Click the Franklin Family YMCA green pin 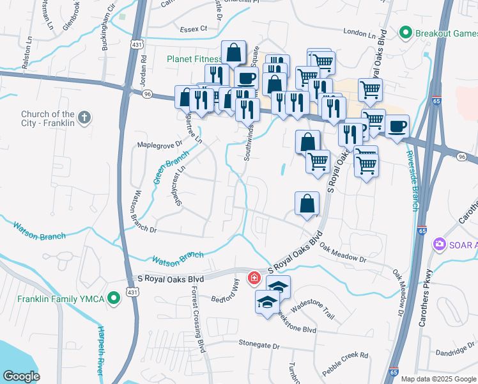pyautogui.click(x=114, y=298)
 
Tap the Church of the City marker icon pyautogui.click(x=84, y=117)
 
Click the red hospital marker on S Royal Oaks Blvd pyautogui.click(x=254, y=277)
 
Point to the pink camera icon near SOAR pyautogui.click(x=439, y=244)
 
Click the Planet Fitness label pyautogui.click(x=194, y=59)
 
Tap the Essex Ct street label pyautogui.click(x=194, y=28)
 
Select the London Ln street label pyautogui.click(x=360, y=32)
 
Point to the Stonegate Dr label pyautogui.click(x=259, y=345)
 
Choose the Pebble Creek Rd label pyautogui.click(x=346, y=355)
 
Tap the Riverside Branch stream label pyautogui.click(x=413, y=180)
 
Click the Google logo pyautogui.click(x=21, y=376)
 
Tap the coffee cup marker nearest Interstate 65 pyautogui.click(x=397, y=125)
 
